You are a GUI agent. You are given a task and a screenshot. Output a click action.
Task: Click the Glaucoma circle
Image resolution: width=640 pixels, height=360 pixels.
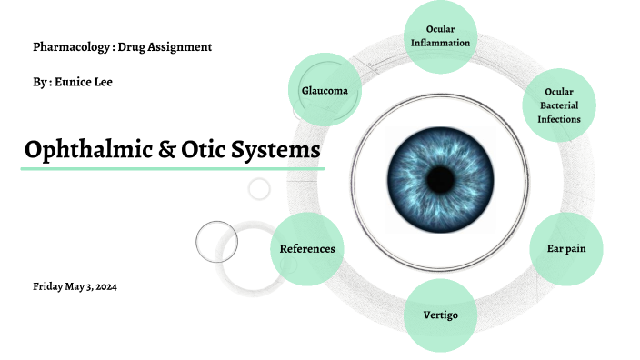click(325, 90)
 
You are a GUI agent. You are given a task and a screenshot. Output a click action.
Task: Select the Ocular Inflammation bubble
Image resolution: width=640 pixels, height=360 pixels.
click(440, 37)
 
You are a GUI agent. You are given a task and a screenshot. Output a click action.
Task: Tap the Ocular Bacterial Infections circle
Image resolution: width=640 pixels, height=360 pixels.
click(558, 105)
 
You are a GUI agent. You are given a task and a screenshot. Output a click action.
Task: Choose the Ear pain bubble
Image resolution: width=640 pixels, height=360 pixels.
click(565, 248)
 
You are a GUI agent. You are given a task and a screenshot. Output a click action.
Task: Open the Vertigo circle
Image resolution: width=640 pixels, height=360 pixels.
click(440, 315)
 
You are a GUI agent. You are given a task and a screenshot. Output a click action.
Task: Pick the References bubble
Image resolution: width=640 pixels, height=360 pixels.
click(307, 248)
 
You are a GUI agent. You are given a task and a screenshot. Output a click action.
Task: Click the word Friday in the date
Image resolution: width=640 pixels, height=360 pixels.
click(48, 287)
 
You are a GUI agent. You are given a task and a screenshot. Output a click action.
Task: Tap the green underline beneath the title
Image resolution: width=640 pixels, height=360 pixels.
click(173, 169)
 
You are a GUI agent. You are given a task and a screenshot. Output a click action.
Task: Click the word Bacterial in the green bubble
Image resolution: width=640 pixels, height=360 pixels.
click(558, 105)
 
